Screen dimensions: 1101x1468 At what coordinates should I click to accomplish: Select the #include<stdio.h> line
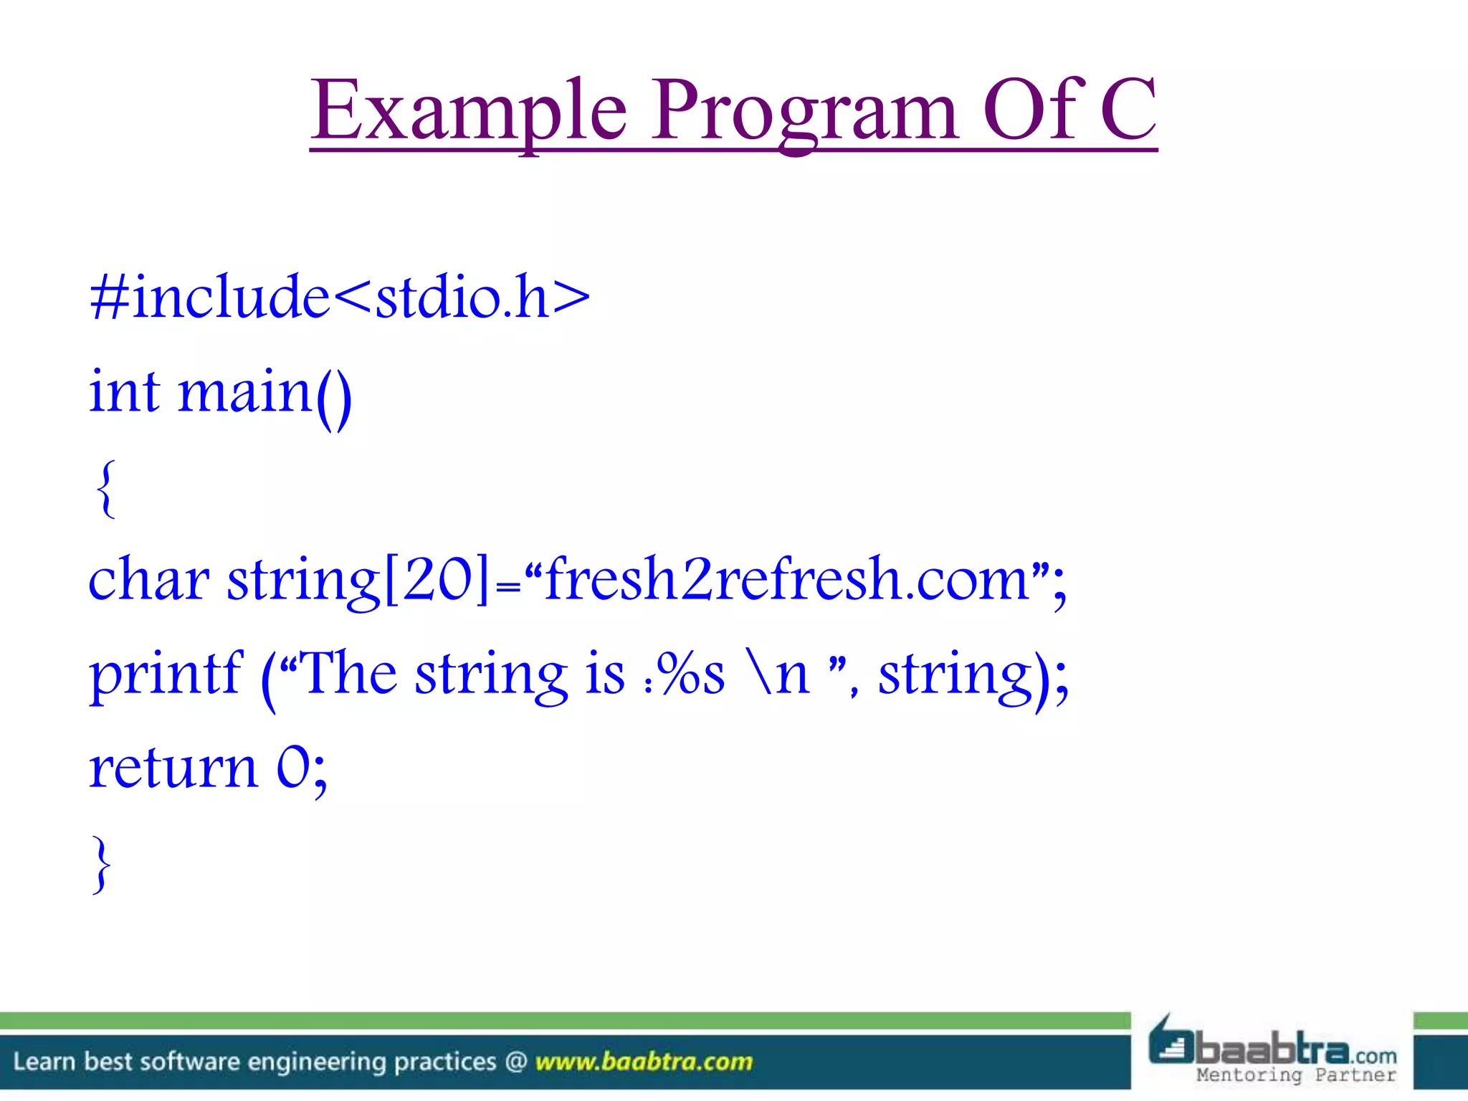point(340,297)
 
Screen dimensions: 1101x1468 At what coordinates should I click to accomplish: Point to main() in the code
point(264,393)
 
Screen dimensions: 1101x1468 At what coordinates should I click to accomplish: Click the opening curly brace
point(105,489)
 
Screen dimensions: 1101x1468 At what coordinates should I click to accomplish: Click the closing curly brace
point(103,864)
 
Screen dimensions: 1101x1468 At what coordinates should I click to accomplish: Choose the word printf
point(166,675)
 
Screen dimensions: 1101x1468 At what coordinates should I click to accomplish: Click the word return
point(173,768)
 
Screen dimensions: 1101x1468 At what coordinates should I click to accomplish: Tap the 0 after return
point(294,768)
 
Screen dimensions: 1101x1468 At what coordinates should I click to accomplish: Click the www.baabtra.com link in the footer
point(644,1062)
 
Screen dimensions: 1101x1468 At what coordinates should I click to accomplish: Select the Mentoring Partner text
point(1296,1074)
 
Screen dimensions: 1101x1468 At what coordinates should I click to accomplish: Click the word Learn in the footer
point(44,1062)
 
